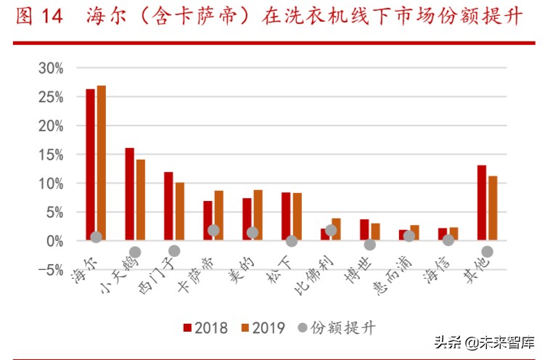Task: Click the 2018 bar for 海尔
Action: (x=90, y=164)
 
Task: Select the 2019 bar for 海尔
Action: (x=101, y=163)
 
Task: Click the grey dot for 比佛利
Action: (x=331, y=230)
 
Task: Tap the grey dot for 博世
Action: (x=370, y=245)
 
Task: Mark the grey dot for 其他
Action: (x=487, y=252)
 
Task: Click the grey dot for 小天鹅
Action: (x=135, y=252)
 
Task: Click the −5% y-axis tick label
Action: (x=49, y=270)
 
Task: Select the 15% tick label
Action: (x=51, y=155)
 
